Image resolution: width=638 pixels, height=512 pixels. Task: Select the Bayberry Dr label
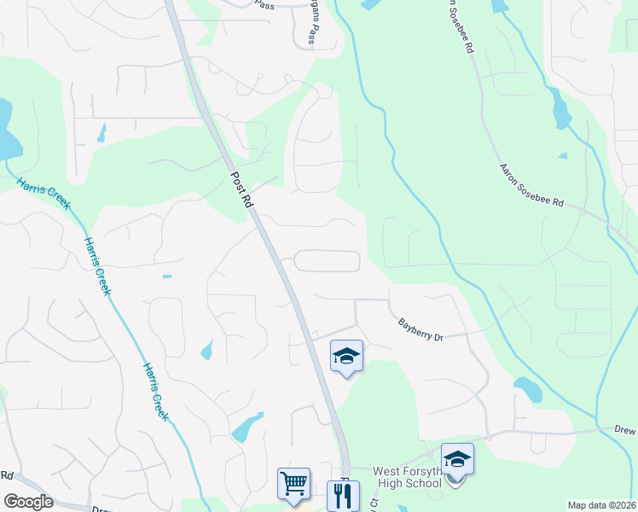421,330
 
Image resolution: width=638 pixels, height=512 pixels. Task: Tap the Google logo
28,502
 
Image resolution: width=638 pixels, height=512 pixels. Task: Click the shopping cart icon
293,483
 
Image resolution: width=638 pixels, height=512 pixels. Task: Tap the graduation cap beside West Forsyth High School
457,459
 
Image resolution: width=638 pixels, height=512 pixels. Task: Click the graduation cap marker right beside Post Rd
346,356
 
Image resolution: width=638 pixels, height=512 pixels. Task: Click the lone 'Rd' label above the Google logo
7,475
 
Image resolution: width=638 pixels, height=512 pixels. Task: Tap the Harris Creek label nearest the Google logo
154,392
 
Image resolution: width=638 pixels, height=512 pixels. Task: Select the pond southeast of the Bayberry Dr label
528,389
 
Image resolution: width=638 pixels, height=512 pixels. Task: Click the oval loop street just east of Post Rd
328,261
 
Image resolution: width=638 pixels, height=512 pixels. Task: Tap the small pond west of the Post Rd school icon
206,350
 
